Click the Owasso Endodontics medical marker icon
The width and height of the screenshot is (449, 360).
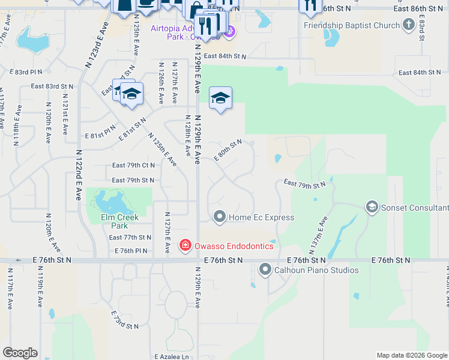pos(185,245)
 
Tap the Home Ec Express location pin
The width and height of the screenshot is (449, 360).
pos(220,217)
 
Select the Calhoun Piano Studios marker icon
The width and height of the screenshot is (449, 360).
pos(265,270)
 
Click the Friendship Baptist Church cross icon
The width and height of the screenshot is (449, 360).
pos(409,25)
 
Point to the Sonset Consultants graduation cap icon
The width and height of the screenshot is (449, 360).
pos(372,207)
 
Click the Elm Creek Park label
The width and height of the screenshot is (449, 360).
pos(119,221)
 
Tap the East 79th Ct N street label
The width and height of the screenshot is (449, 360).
pos(133,166)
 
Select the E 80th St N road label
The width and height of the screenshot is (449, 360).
pos(228,150)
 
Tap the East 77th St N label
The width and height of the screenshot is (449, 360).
pos(130,238)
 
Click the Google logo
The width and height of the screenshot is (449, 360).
pos(20,353)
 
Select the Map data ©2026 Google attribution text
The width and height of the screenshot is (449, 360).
pos(412,356)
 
